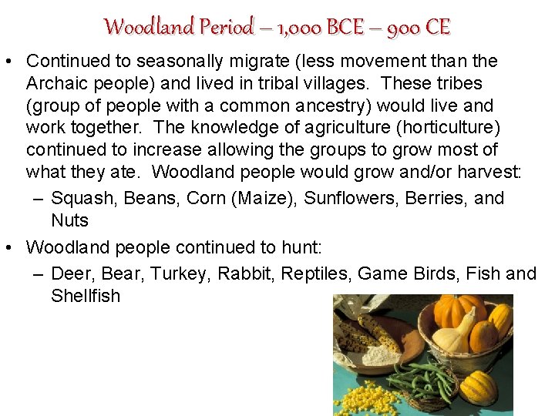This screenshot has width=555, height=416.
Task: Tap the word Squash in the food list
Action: click(x=80, y=198)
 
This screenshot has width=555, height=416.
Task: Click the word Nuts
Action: click(x=70, y=220)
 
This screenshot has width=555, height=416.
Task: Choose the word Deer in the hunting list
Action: click(x=69, y=273)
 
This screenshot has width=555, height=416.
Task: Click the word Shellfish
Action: click(x=86, y=296)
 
